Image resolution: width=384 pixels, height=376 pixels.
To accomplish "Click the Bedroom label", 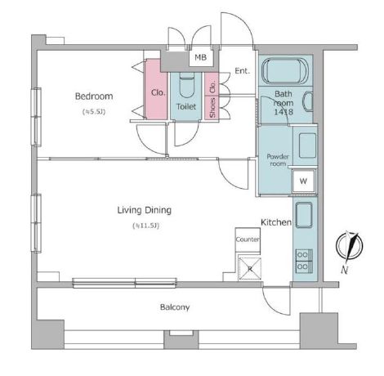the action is (94, 96).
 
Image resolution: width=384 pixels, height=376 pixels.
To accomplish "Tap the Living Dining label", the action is (145, 210).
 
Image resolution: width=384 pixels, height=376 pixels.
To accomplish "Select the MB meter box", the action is (201, 58).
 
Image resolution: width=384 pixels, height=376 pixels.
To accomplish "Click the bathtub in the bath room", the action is (285, 71).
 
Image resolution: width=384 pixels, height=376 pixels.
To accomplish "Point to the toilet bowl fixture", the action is (187, 85).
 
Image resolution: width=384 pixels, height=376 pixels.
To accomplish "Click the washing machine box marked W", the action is (303, 181).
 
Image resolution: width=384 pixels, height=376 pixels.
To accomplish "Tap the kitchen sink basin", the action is (304, 215).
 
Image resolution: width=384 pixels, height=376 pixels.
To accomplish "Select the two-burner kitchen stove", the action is (304, 261).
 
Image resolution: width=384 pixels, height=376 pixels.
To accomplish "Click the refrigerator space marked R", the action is (250, 269).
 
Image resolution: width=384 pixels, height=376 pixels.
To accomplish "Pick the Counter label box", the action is (248, 239).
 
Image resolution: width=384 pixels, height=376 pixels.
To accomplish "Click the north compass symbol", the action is (349, 248).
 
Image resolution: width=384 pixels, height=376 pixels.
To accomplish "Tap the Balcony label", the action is (175, 307).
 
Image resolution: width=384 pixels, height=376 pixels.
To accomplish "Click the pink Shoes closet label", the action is (212, 108).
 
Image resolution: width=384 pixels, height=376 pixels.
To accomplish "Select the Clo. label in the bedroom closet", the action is (159, 92).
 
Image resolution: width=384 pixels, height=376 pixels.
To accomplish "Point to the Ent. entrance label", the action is (242, 71).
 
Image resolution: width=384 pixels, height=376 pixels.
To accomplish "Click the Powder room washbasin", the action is (308, 145).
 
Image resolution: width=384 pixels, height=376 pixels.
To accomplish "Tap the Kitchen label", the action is (276, 222).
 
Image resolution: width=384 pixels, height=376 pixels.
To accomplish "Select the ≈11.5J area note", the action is (145, 226).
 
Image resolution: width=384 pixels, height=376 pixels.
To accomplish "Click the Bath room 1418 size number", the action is (284, 112).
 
